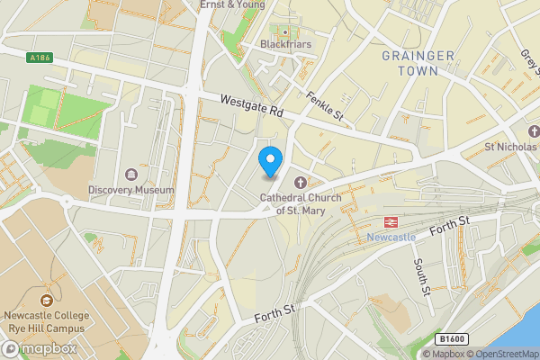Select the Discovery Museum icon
pos(132,174)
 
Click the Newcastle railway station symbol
pos(391,220)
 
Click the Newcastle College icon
pos(47,301)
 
